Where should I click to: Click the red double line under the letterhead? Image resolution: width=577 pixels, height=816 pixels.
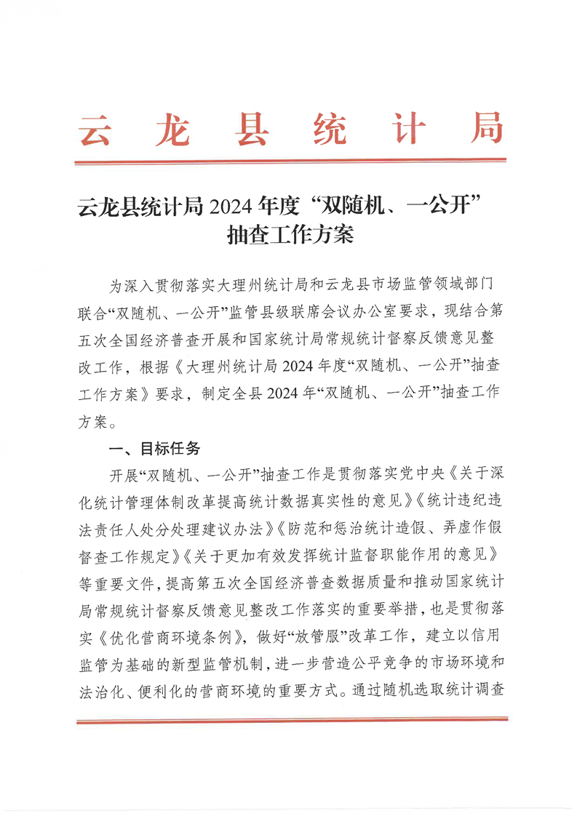[290, 161]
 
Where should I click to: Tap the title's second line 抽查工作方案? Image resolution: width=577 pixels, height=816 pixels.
[290, 236]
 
